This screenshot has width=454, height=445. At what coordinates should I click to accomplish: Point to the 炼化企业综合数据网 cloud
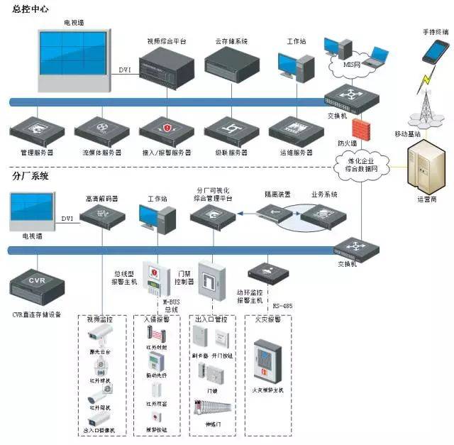coord(358,165)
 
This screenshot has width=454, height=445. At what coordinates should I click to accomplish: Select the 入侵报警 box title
coord(157,320)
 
